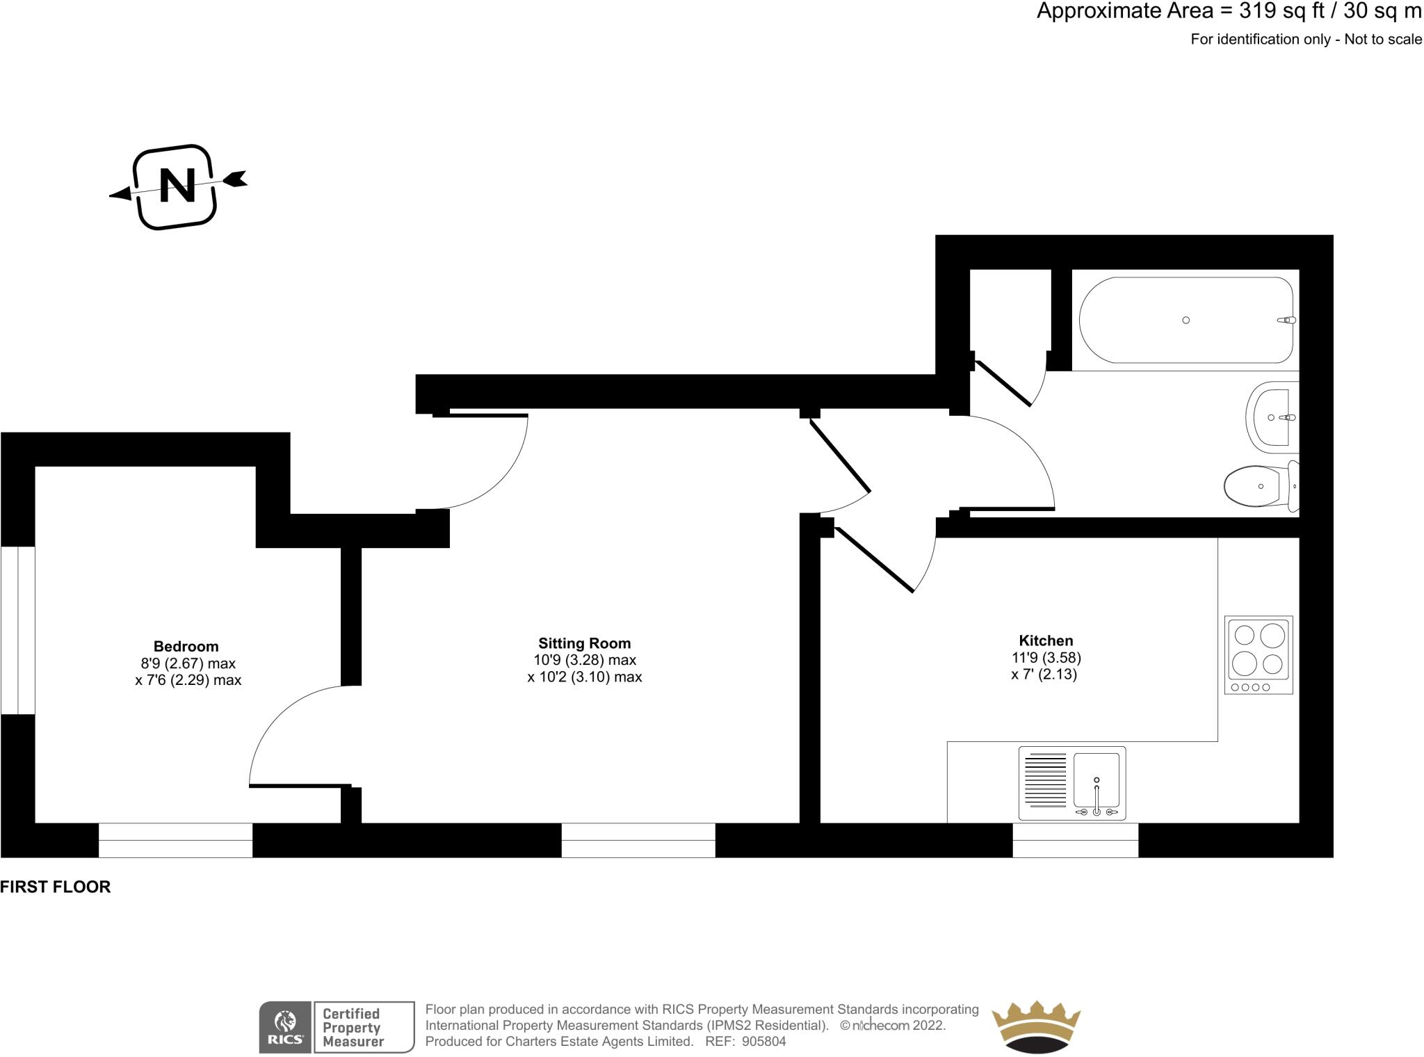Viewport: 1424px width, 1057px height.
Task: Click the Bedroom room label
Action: [x=186, y=646]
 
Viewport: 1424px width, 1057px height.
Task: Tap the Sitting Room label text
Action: [x=584, y=643]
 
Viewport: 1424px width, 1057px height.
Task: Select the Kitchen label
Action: [x=1046, y=640]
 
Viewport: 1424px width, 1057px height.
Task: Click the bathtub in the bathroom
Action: [x=1186, y=321]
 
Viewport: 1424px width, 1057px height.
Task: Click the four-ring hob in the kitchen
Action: [x=1258, y=654]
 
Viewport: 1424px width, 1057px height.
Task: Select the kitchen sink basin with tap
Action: [x=1097, y=780]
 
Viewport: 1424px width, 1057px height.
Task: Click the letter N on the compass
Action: [x=177, y=186]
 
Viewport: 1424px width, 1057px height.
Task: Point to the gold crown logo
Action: [x=1035, y=1026]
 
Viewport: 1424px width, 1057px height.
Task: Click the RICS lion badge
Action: [x=286, y=1027]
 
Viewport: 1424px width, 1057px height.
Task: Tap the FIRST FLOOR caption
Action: [x=56, y=887]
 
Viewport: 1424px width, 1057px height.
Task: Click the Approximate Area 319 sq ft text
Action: [x=1229, y=11]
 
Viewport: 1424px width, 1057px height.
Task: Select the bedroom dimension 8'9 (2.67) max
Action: [x=188, y=663]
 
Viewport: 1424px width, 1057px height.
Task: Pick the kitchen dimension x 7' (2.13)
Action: [x=1044, y=674]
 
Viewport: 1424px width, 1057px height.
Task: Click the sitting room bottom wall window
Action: [x=638, y=840]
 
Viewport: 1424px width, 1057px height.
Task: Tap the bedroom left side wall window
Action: [x=17, y=630]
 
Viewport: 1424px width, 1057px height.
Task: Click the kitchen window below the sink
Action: [x=1075, y=840]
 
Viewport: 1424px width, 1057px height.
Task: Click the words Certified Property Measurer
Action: [x=353, y=1027]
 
